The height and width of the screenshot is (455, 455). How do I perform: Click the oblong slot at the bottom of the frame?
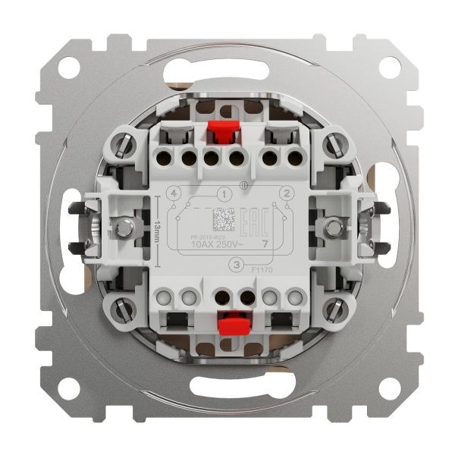point(227,393)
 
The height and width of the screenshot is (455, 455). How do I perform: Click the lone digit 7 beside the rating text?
point(263,244)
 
